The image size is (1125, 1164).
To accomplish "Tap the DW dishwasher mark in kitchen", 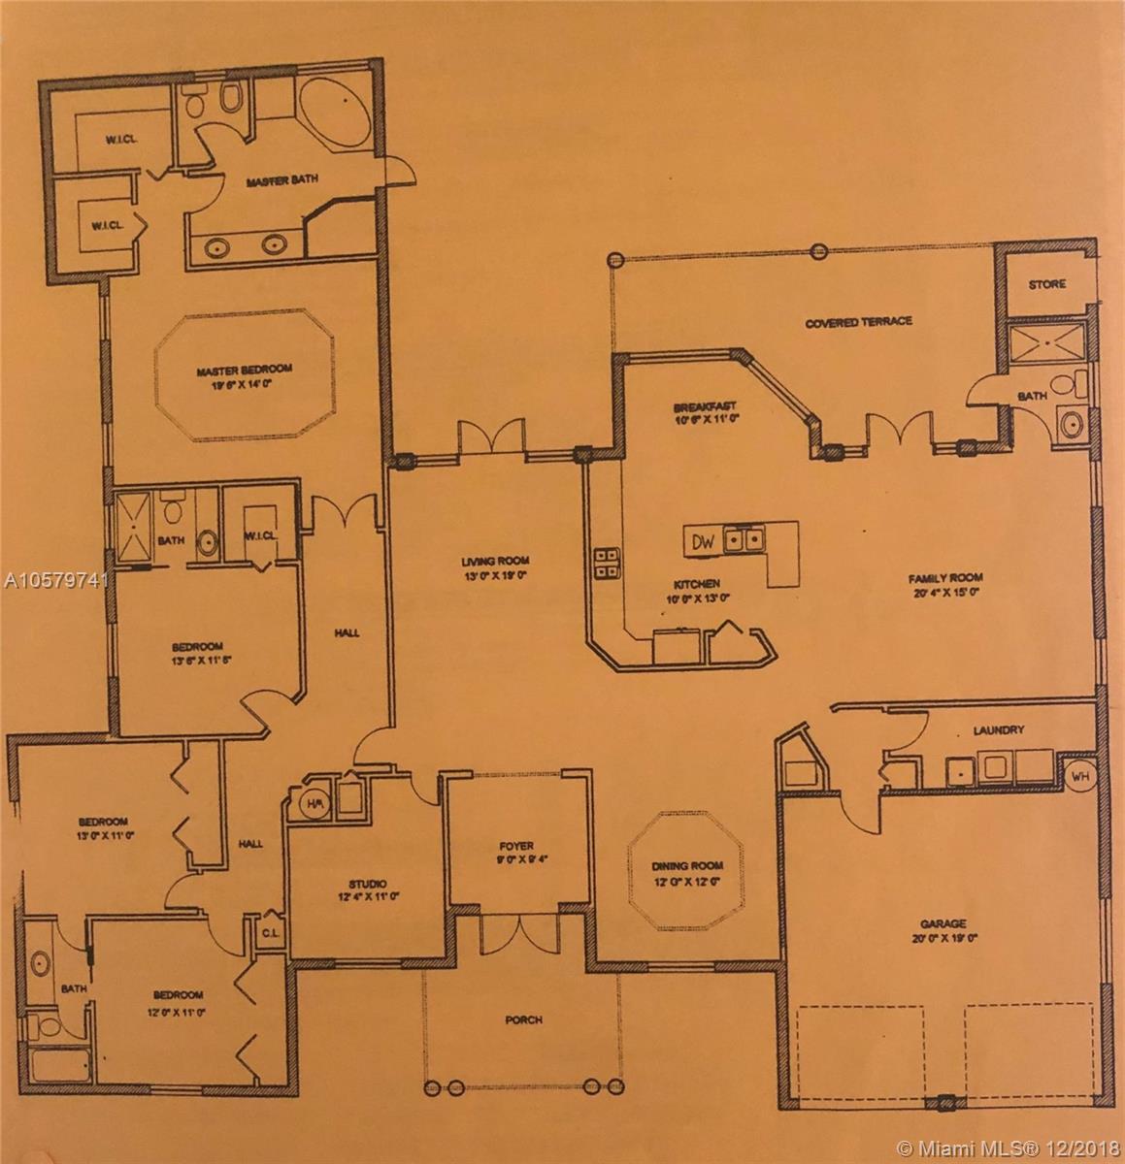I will (x=705, y=541).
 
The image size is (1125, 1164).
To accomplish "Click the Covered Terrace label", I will (x=858, y=321).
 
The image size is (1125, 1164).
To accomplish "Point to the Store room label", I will (x=1046, y=284).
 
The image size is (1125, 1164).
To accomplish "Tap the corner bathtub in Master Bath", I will (x=333, y=116).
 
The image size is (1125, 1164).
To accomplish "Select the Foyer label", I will (x=515, y=845).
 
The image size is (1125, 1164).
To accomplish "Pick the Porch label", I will (x=523, y=1019).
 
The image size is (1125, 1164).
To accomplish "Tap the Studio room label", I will (x=368, y=884).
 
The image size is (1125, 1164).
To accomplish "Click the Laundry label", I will (x=999, y=730).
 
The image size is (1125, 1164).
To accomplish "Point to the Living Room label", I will (x=498, y=561).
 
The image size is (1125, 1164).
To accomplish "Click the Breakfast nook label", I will (x=707, y=406).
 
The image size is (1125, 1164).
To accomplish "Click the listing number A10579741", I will (x=55, y=581).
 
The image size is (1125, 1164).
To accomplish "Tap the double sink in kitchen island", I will (x=744, y=539).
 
